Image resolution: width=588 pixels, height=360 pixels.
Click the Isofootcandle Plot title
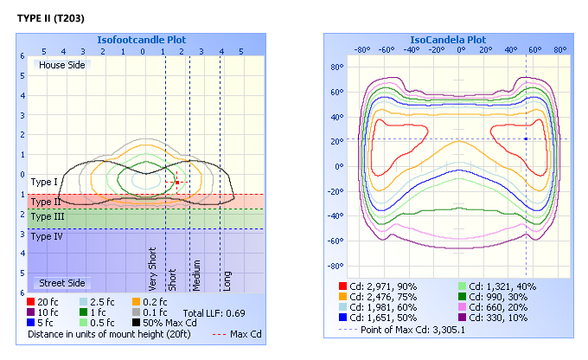coord(143,40)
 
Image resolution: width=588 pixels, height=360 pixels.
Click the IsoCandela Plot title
coord(448,40)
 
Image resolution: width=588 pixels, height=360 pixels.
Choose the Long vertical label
coord(227,280)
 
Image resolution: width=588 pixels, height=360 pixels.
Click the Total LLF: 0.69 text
coord(214,312)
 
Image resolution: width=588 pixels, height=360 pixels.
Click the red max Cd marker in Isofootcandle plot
coord(177,183)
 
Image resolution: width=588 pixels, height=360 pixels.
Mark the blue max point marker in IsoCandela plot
coord(526,138)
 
